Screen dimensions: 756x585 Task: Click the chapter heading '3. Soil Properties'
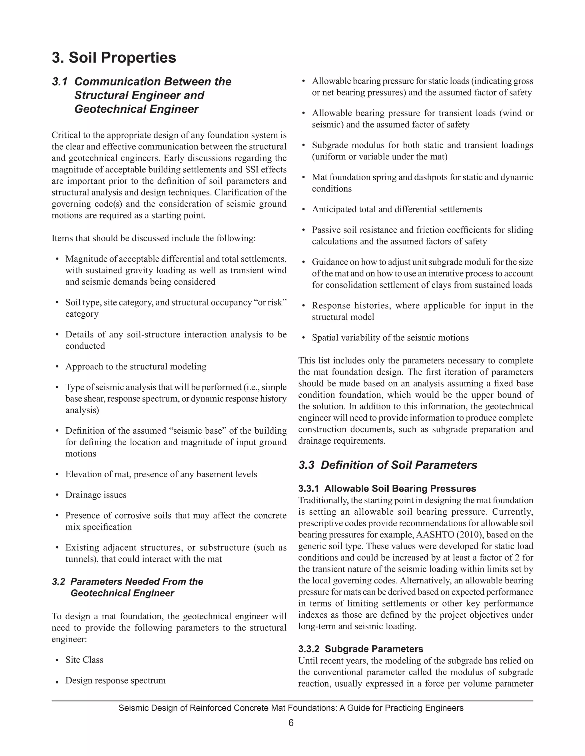114,57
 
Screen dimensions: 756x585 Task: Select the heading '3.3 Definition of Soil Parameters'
387,465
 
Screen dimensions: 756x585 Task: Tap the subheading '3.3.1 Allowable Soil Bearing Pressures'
387,488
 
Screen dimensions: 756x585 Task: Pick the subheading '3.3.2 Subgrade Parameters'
360,649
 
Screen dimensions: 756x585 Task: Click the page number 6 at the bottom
291,723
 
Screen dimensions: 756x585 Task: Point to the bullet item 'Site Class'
84,660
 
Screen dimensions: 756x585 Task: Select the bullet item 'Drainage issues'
96,495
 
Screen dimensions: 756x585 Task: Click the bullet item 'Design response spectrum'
115,680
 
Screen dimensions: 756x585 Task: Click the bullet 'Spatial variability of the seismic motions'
390,337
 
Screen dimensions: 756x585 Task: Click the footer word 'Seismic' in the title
132,708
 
